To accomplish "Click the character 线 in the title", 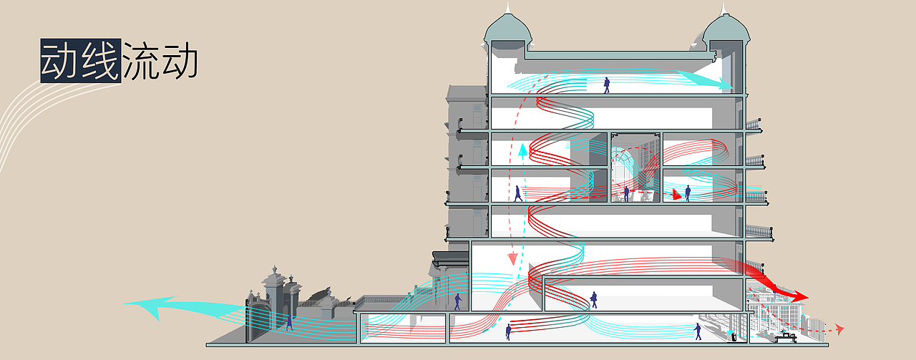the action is [x=101, y=61].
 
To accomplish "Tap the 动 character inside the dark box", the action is [x=61, y=61].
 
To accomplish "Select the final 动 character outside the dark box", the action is [x=180, y=61].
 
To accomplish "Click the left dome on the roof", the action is [x=508, y=29].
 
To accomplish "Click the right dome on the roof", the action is [x=726, y=29].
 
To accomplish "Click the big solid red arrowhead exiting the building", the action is [x=797, y=296].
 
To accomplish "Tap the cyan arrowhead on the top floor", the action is [x=722, y=83].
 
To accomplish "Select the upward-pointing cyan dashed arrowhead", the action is [x=522, y=150].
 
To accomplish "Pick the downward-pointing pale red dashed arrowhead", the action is [x=512, y=259].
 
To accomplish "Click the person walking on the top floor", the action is [x=607, y=85].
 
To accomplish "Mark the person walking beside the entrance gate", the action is [x=290, y=322].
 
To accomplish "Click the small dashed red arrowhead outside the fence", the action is [x=839, y=329].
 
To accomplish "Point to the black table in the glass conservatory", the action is [x=786, y=338].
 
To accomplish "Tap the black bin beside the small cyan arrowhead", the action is [x=734, y=338].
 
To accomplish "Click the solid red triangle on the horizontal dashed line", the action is [x=676, y=195].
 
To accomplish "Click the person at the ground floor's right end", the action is [x=698, y=331].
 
